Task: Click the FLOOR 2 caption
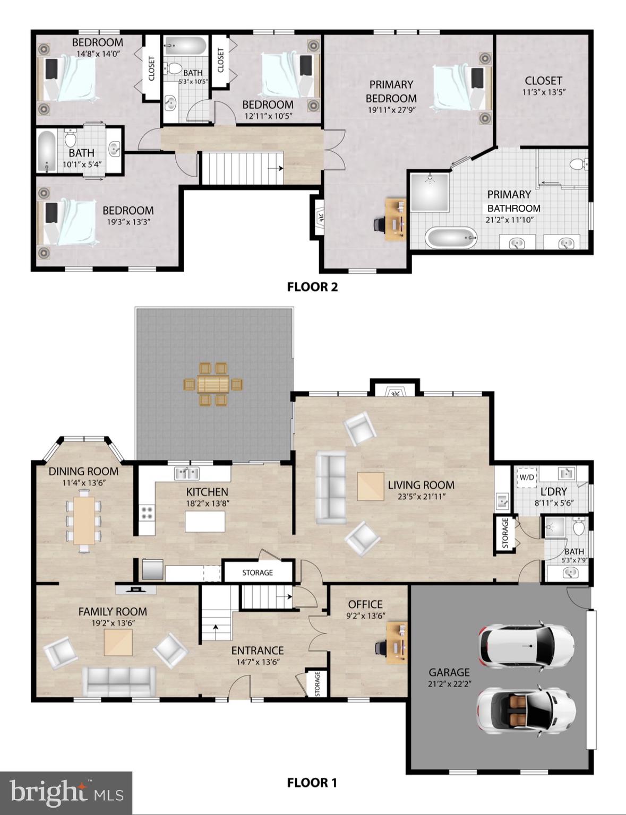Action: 312,287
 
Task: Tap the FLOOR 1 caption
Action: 312,783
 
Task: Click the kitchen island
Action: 205,521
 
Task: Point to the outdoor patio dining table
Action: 213,384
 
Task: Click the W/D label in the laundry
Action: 527,477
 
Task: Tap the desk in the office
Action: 396,644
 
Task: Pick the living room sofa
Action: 330,487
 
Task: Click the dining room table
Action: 84,521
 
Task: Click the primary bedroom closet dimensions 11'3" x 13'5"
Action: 543,92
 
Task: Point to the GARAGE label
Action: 449,672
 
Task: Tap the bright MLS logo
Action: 66,793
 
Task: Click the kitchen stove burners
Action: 147,513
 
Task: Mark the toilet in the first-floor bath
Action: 579,528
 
